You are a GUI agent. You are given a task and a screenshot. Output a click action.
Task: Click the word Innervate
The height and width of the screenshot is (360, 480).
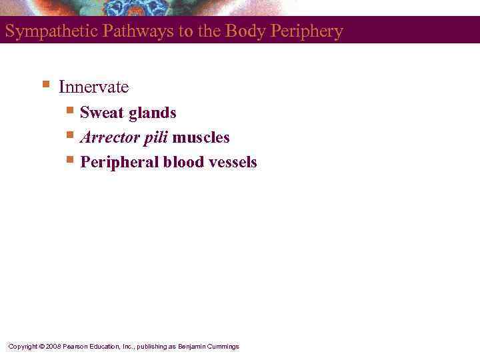(94, 87)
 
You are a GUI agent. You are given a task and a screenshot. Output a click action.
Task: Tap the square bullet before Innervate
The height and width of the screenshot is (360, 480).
(45, 85)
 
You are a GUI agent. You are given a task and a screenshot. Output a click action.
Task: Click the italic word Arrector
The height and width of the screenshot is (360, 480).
(109, 138)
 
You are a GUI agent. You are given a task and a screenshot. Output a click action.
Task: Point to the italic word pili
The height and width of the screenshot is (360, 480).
(155, 138)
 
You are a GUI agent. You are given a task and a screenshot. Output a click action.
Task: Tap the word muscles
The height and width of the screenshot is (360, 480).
(201, 138)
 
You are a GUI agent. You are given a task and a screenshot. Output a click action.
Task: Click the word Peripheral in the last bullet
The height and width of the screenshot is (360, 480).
(119, 163)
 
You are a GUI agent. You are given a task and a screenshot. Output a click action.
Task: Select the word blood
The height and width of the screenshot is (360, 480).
(185, 163)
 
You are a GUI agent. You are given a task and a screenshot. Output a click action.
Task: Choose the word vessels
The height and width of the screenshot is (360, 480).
(233, 163)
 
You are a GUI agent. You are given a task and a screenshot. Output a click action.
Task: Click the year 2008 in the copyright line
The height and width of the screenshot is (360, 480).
(53, 347)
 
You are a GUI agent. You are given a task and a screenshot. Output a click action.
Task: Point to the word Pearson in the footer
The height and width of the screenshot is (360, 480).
(77, 347)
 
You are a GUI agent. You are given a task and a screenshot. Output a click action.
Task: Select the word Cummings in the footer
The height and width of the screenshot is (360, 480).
(223, 347)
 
